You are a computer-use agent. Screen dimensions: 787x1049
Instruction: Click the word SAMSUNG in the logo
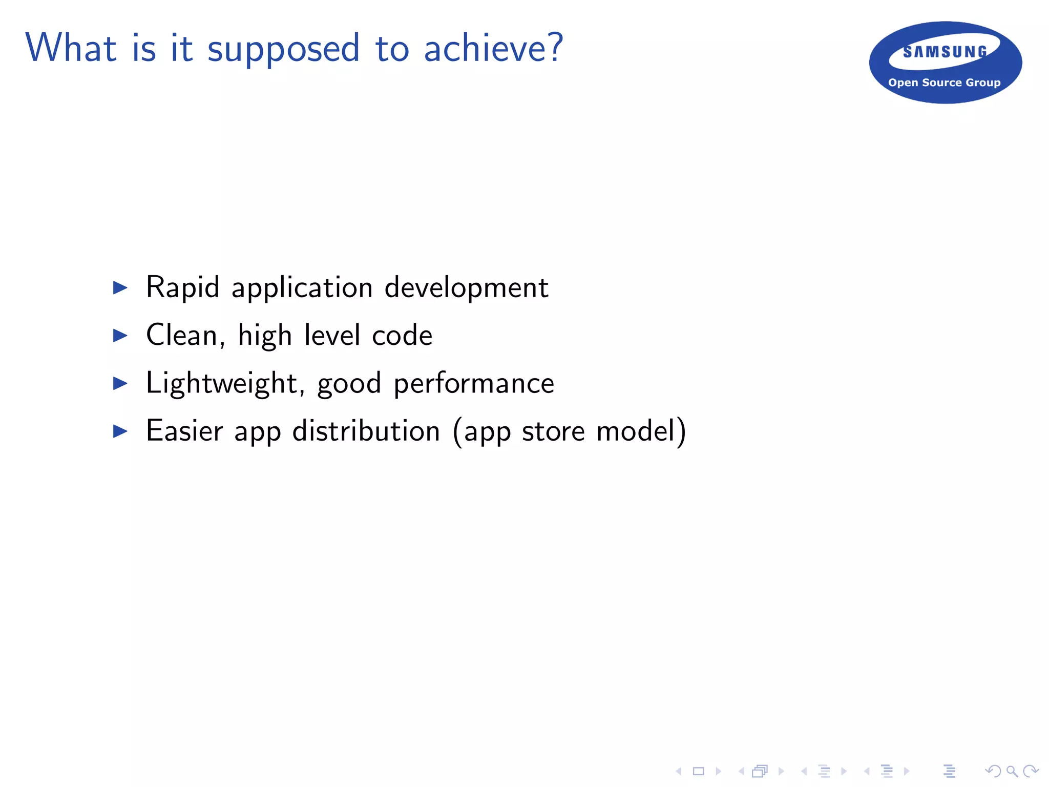[x=945, y=52]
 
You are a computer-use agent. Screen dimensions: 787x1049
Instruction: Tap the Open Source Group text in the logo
[x=944, y=82]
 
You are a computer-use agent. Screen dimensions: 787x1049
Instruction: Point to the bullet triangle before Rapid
[x=120, y=287]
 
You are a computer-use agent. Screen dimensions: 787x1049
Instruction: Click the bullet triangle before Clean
[x=120, y=336]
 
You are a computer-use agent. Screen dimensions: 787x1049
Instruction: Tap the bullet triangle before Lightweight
[x=120, y=383]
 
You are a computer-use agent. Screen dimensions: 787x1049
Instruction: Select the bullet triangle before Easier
[x=120, y=431]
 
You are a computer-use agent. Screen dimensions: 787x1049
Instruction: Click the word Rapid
[x=182, y=287]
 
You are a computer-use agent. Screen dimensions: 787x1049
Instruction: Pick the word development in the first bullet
[x=466, y=287]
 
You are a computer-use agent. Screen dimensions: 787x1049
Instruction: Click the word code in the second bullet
[x=402, y=336]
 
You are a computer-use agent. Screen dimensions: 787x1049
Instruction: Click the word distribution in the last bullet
[x=366, y=431]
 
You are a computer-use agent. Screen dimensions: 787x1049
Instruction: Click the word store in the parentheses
[x=553, y=431]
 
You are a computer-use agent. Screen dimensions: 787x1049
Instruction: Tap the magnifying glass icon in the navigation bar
[x=1012, y=771]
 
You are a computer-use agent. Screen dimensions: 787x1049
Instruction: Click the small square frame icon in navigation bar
[x=698, y=771]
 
